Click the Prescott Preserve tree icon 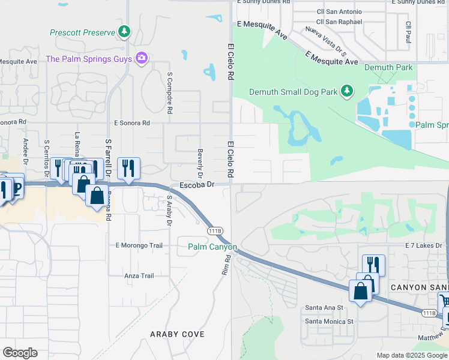click(x=124, y=32)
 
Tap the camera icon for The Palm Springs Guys click(x=142, y=58)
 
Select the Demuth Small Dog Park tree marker click(x=346, y=91)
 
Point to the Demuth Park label click(x=388, y=67)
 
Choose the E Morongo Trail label click(x=139, y=245)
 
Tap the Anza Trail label click(x=139, y=275)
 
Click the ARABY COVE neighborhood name click(x=177, y=334)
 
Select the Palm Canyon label click(x=212, y=247)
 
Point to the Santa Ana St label click(x=324, y=307)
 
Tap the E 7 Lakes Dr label click(x=423, y=245)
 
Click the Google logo click(x=20, y=352)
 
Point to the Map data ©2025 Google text click(x=411, y=355)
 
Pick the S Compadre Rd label click(x=170, y=94)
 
